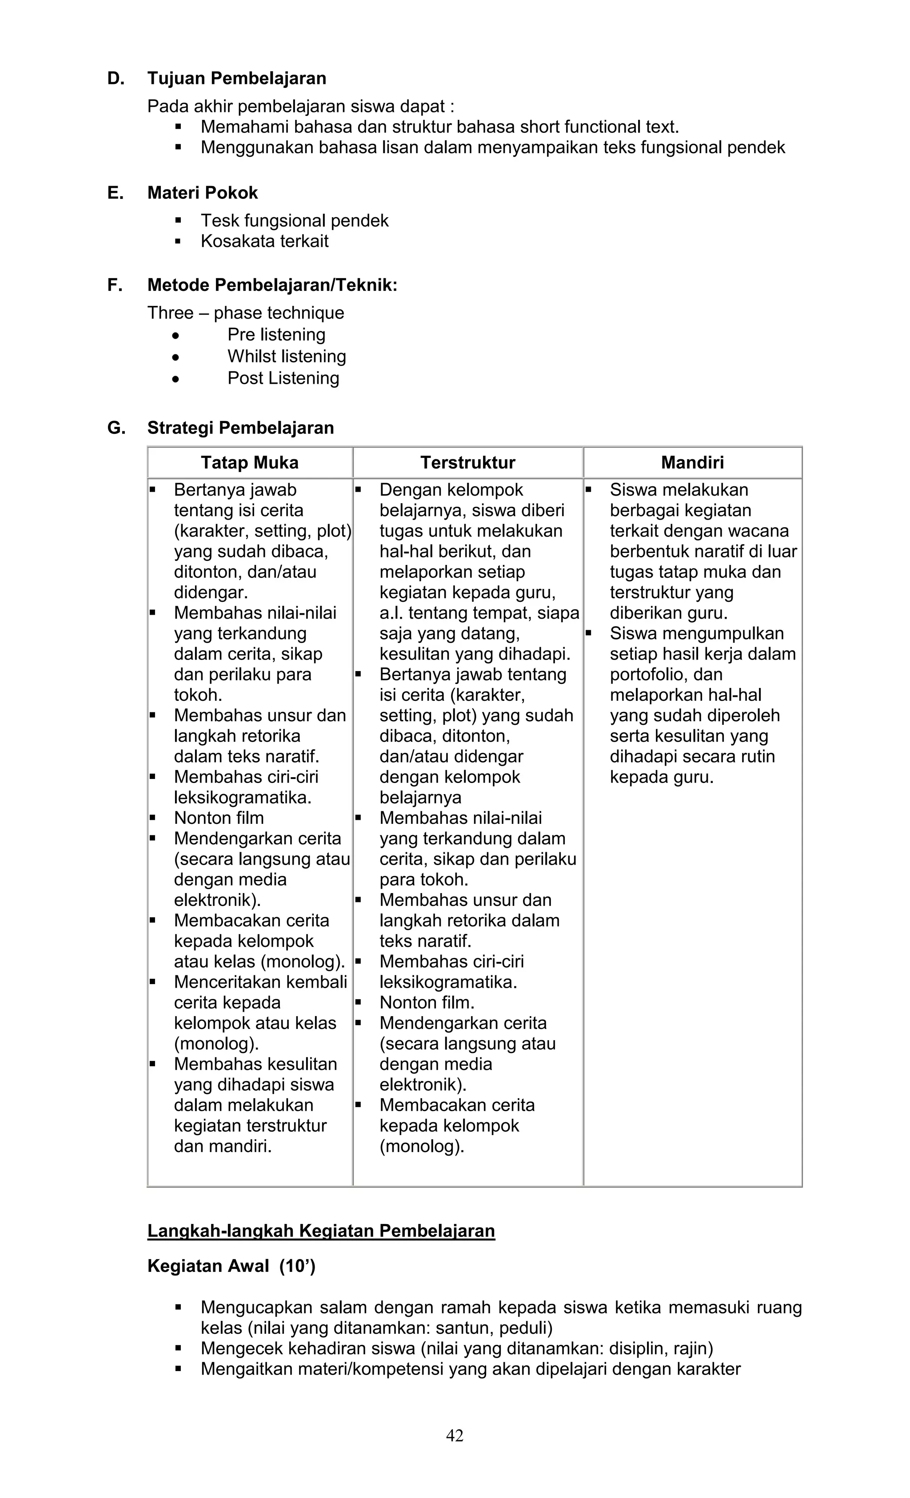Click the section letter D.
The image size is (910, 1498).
tap(115, 79)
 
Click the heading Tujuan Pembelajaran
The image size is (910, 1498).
tap(237, 79)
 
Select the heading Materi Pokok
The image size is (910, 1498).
tap(203, 193)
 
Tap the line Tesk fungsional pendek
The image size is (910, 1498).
tap(295, 221)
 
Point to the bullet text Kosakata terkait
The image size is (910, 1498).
tap(265, 241)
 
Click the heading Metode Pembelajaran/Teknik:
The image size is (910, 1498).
tap(272, 285)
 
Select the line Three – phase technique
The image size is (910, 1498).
tap(246, 313)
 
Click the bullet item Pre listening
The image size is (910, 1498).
tap(276, 335)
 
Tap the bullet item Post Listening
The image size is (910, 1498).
tap(283, 378)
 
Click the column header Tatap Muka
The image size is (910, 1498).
tap(249, 463)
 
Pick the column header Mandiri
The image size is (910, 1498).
tap(692, 463)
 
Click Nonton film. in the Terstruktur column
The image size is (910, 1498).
tap(427, 1002)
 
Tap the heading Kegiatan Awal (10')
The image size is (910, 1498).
tap(231, 1266)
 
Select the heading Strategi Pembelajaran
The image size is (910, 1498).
tap(240, 428)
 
